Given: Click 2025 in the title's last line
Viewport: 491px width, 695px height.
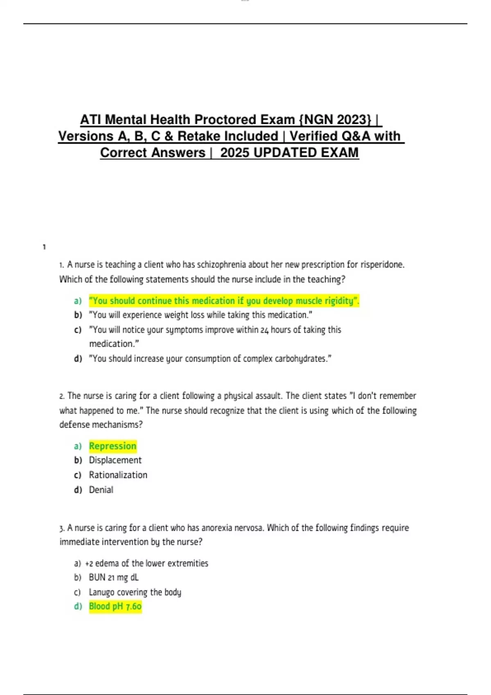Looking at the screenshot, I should point(234,152).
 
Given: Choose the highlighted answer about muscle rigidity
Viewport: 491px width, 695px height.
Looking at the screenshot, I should point(224,301).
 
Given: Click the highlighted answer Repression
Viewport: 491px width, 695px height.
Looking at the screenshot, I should point(113,446).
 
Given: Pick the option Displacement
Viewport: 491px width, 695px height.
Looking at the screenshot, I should point(115,460).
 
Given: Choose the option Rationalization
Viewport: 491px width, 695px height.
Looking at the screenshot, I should point(118,475).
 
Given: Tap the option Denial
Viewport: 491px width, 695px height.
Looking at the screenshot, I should point(101,490).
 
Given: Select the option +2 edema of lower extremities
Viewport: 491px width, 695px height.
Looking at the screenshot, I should point(146,563).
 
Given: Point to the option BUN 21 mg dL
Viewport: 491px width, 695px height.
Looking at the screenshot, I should point(113,578).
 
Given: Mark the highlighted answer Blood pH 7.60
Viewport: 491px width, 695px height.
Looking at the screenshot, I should point(115,606).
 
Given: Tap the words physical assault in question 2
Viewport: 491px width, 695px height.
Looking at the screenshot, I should point(252,396).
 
